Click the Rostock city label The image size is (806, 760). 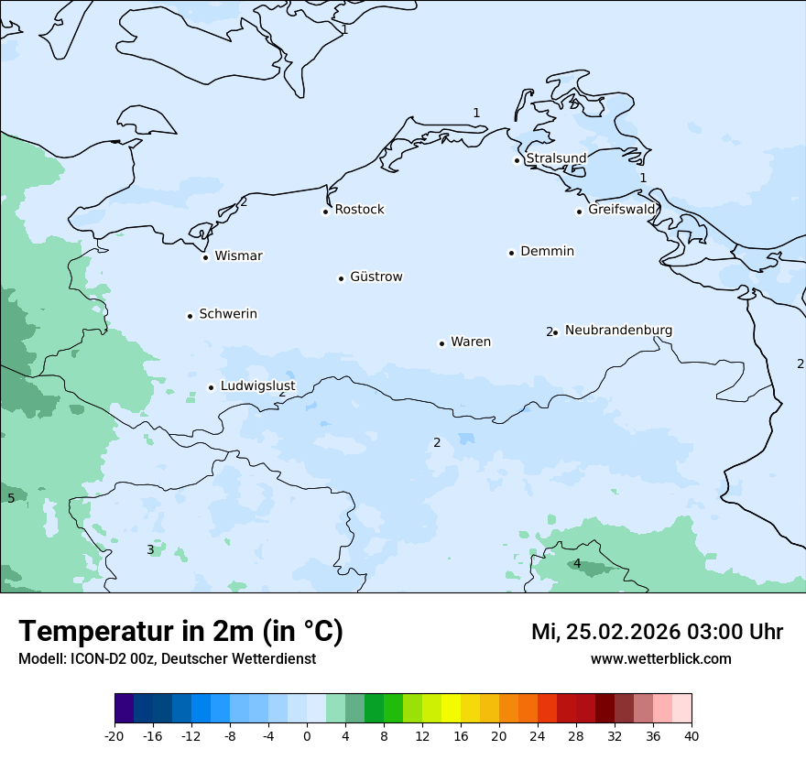359,210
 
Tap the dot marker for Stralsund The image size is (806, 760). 517,160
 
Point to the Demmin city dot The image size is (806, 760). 511,253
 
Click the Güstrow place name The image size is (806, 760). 376,277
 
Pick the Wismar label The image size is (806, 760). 238,255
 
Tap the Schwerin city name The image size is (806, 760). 228,314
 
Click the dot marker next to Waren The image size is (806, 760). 441,343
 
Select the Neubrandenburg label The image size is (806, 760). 618,330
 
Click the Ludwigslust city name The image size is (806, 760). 257,385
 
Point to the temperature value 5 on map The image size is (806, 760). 11,498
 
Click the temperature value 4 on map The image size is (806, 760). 577,563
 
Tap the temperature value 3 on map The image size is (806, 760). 150,549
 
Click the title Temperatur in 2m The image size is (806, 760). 180,632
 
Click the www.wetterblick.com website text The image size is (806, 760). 660,658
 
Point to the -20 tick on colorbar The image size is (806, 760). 114,736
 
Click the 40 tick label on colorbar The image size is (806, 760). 692,736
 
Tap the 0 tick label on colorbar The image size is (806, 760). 307,736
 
